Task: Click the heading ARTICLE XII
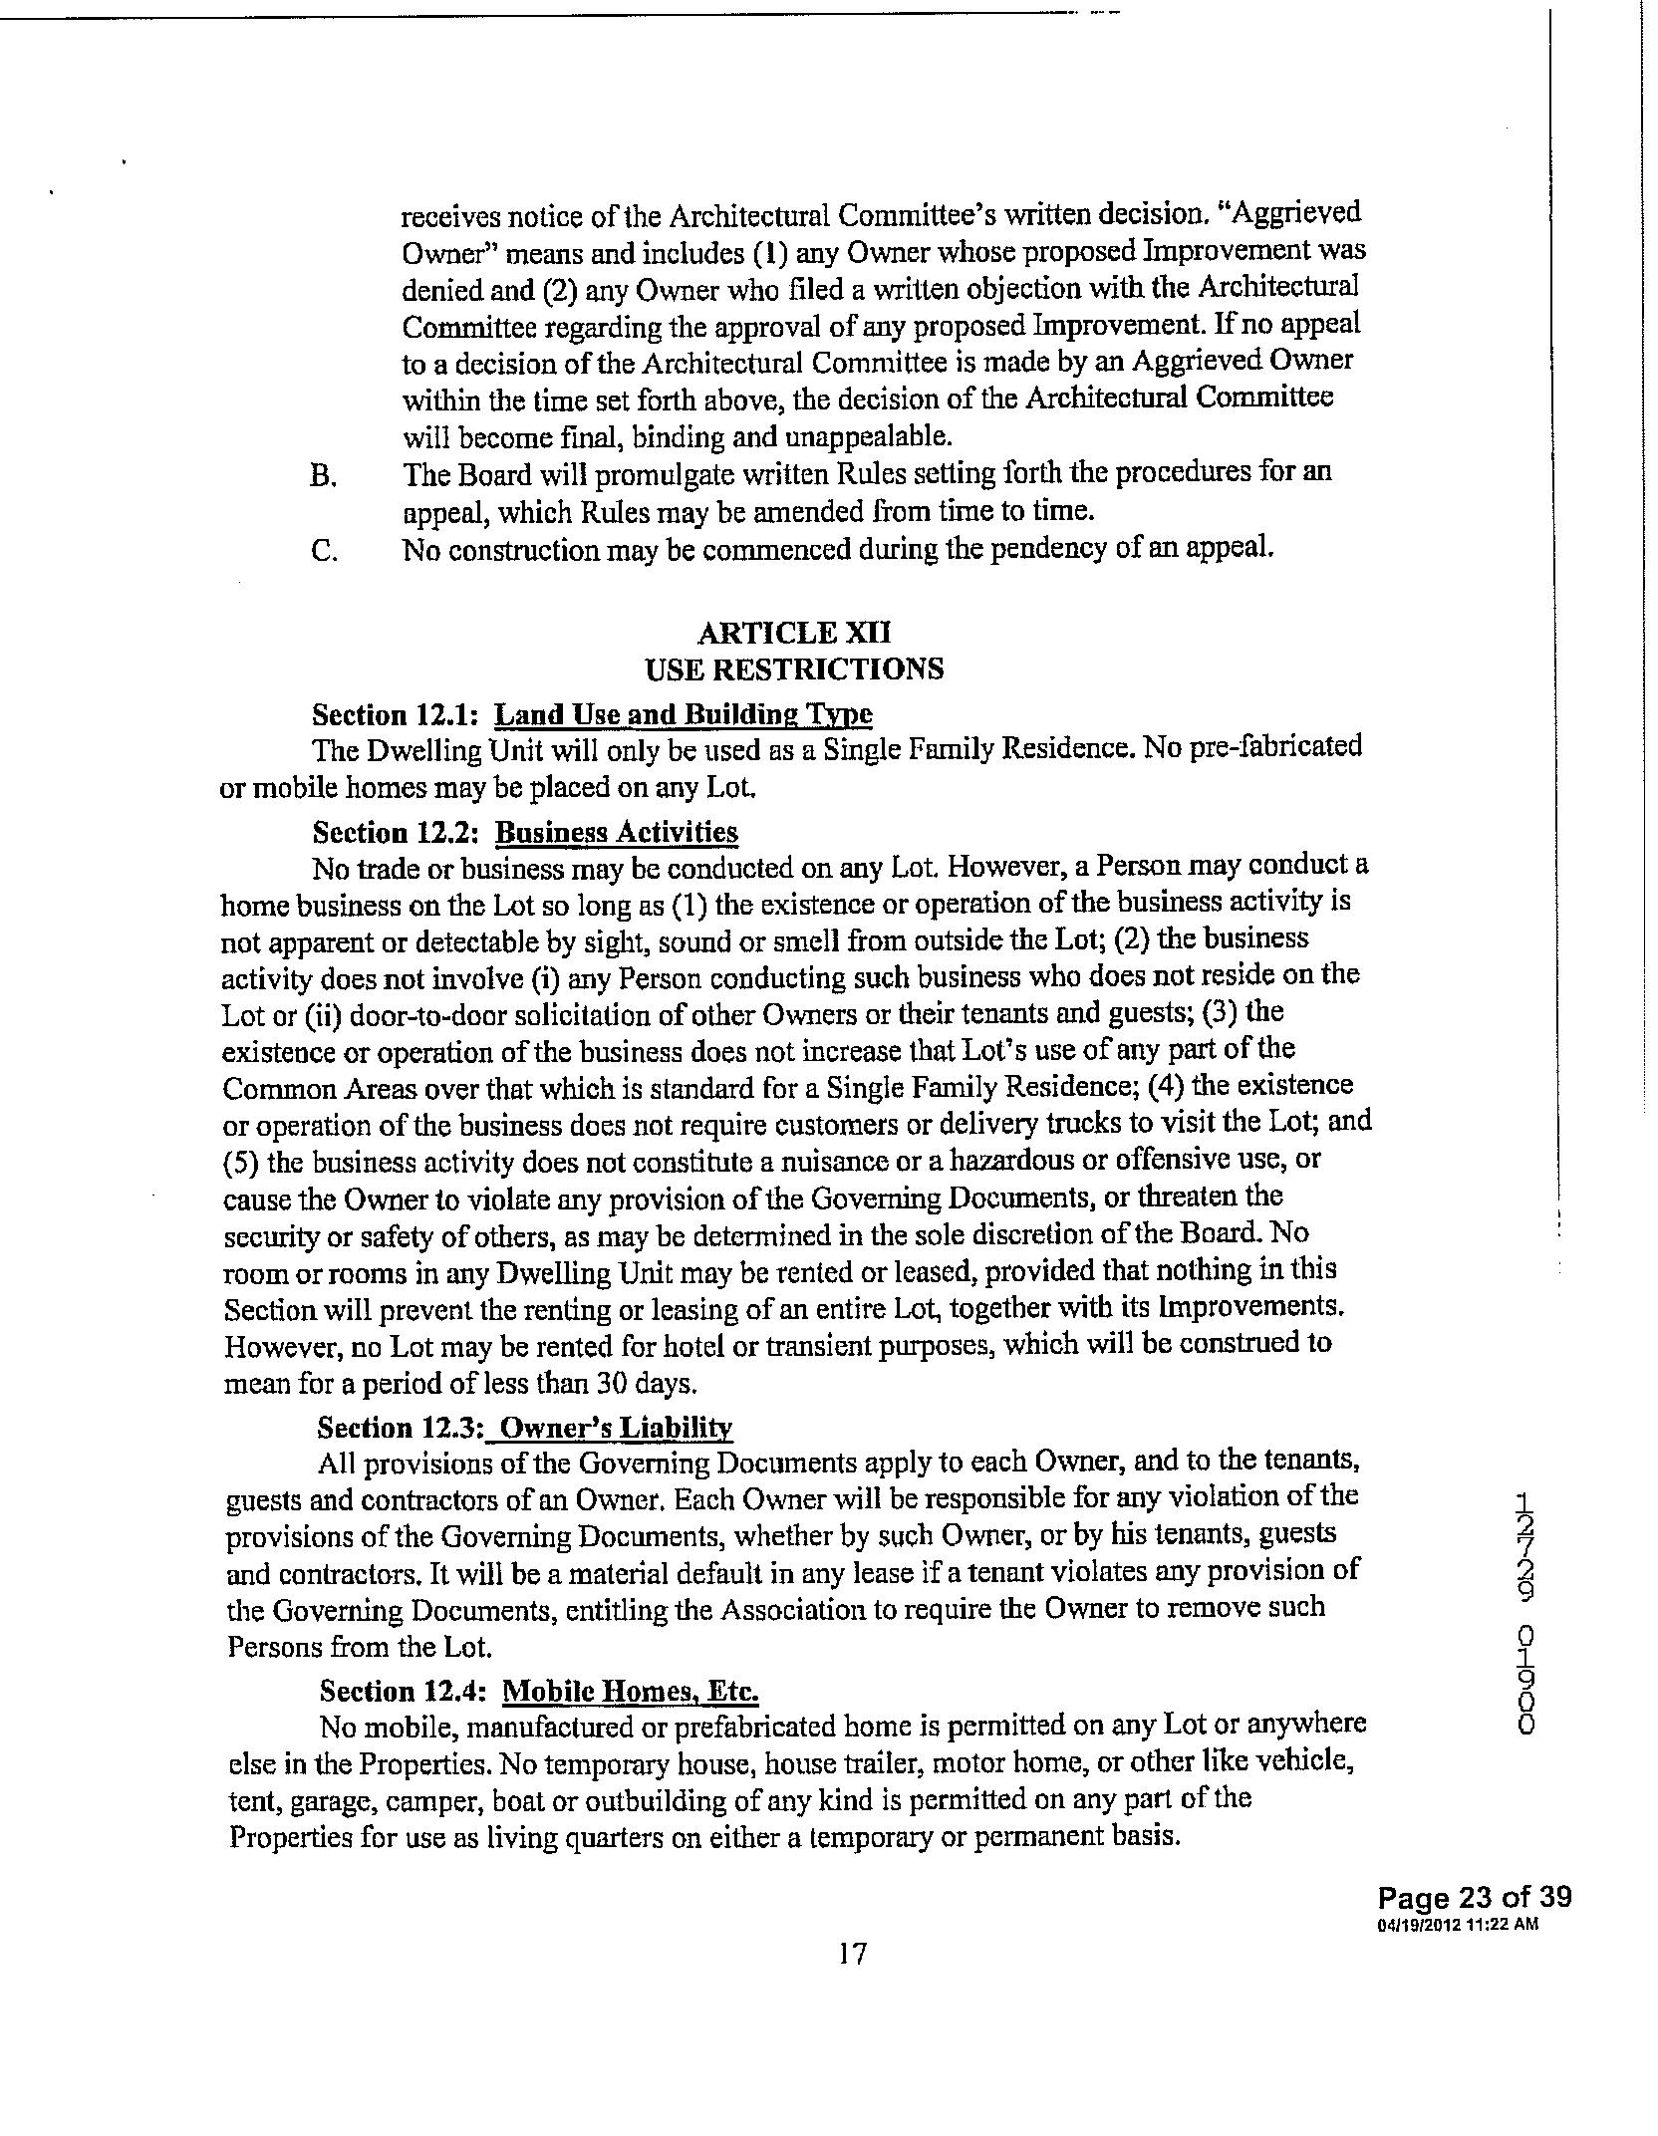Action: [x=794, y=633]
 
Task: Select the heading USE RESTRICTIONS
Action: [x=794, y=668]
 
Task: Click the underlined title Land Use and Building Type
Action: [x=684, y=714]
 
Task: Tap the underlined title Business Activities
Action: [x=617, y=832]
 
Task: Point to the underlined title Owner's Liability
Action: [x=616, y=1428]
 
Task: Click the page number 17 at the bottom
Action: [x=852, y=1954]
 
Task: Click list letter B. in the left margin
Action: [x=323, y=475]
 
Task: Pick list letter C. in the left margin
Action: [x=324, y=550]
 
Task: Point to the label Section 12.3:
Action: [x=401, y=1428]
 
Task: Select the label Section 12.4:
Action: [x=404, y=1691]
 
